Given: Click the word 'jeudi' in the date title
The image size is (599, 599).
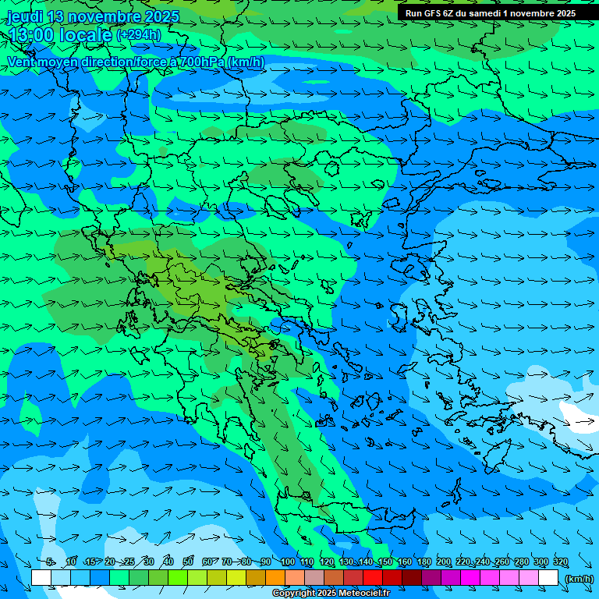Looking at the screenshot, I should pyautogui.click(x=25, y=16).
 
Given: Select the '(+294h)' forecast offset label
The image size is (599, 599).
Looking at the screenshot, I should pyautogui.click(x=139, y=35).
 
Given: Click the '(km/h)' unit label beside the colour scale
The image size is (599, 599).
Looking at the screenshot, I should pyautogui.click(x=579, y=579).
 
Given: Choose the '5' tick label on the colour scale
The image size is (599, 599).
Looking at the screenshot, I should pyautogui.click(x=50, y=562).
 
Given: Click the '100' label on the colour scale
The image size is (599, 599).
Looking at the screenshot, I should pyautogui.click(x=288, y=562).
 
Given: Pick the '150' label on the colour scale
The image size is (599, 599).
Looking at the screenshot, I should pyautogui.click(x=385, y=562).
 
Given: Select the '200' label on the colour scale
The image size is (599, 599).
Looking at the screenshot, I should pyautogui.click(x=444, y=562).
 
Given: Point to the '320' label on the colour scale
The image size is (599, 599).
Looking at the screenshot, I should pyautogui.click(x=561, y=562).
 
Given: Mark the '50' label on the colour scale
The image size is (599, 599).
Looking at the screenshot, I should pyautogui.click(x=188, y=562).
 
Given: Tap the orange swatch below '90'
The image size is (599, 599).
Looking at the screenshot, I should pyautogui.click(x=275, y=578).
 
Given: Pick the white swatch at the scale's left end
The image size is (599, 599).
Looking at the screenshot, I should pyautogui.click(x=41, y=578).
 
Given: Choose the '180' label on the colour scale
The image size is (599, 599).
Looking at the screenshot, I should pyautogui.click(x=424, y=562).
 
